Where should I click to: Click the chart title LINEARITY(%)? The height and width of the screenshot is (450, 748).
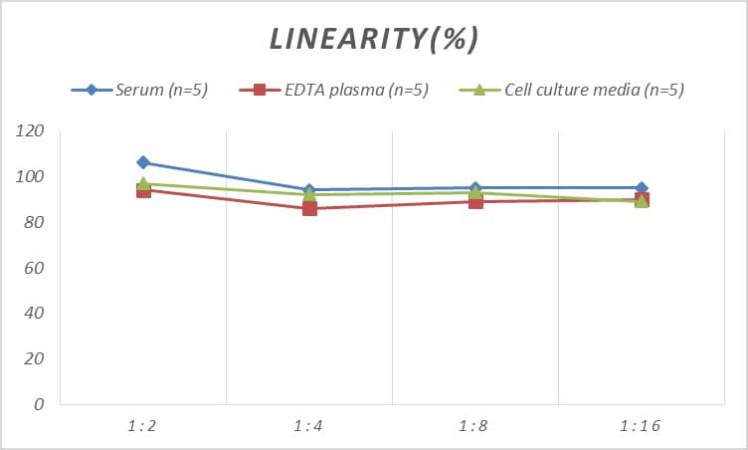[x=374, y=39]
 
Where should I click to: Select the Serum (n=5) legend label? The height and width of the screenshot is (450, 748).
[x=161, y=91]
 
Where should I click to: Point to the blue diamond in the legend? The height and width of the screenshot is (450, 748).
[x=92, y=91]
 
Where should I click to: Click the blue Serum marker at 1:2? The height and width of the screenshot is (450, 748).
[x=143, y=162]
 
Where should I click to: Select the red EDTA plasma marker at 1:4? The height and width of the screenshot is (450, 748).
[x=309, y=208]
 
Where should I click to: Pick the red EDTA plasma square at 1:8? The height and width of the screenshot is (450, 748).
[x=475, y=201]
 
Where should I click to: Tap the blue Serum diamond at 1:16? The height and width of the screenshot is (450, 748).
[x=642, y=188]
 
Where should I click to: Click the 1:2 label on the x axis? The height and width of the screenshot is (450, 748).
[x=143, y=426]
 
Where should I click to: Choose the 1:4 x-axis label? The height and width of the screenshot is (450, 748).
[x=309, y=426]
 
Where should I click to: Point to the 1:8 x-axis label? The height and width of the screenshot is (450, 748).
[x=475, y=426]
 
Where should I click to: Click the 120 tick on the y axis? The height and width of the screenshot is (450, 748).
[x=31, y=131]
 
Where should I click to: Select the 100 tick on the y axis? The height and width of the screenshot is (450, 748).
[x=31, y=177]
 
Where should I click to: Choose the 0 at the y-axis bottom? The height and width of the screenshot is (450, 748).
[x=39, y=405]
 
